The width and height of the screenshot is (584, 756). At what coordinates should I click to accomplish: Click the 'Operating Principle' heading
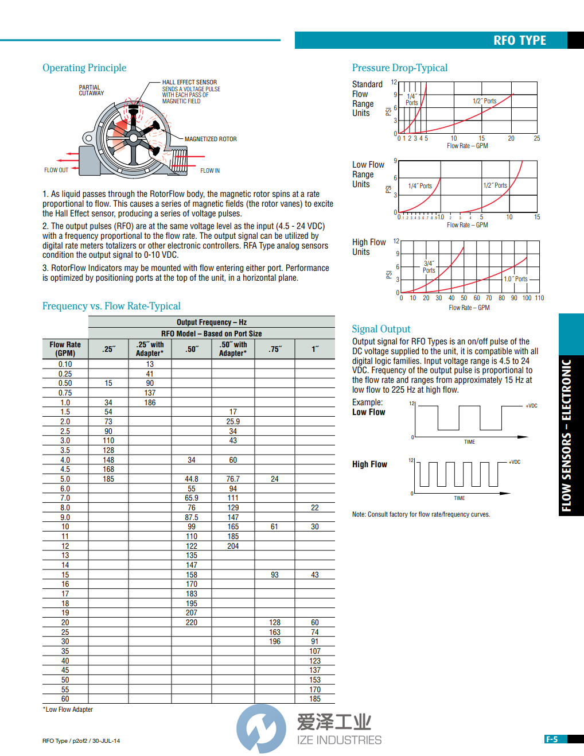pyautogui.click(x=84, y=68)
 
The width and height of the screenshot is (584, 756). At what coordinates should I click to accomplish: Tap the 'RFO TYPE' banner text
pyautogui.click(x=519, y=40)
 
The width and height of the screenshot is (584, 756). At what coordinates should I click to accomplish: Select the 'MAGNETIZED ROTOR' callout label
pyautogui.click(x=211, y=139)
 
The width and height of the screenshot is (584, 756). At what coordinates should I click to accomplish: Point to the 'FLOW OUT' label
pyautogui.click(x=56, y=170)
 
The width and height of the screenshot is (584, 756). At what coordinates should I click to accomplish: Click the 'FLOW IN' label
pyautogui.click(x=210, y=170)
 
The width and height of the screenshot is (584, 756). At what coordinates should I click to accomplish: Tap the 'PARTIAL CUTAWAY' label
pyautogui.click(x=91, y=90)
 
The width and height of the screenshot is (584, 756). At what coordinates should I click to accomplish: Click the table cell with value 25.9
pyautogui.click(x=233, y=421)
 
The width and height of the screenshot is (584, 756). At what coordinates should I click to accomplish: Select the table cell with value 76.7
pyautogui.click(x=233, y=479)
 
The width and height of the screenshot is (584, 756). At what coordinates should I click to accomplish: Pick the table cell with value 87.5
pyautogui.click(x=192, y=517)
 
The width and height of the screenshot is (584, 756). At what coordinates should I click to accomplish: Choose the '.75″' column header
pyautogui.click(x=275, y=349)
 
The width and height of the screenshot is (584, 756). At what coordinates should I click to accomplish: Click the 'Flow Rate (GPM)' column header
pyautogui.click(x=65, y=349)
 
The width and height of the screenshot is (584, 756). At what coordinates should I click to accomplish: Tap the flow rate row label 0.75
pyautogui.click(x=65, y=393)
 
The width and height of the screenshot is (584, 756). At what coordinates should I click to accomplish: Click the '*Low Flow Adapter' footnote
pyautogui.click(x=68, y=710)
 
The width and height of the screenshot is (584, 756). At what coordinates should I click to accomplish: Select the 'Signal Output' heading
pyautogui.click(x=381, y=329)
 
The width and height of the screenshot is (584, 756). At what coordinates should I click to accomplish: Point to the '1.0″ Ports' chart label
pyautogui.click(x=515, y=279)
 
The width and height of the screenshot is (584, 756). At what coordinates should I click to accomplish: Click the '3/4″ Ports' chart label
pyautogui.click(x=429, y=267)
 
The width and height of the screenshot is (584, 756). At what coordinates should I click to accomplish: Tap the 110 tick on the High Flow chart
pyautogui.click(x=539, y=298)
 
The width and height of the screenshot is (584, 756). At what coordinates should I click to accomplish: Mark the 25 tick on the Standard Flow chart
pyautogui.click(x=537, y=138)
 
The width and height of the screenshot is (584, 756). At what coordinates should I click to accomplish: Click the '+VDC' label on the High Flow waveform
pyautogui.click(x=515, y=462)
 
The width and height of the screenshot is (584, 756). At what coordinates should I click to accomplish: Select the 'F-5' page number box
pyautogui.click(x=552, y=739)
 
